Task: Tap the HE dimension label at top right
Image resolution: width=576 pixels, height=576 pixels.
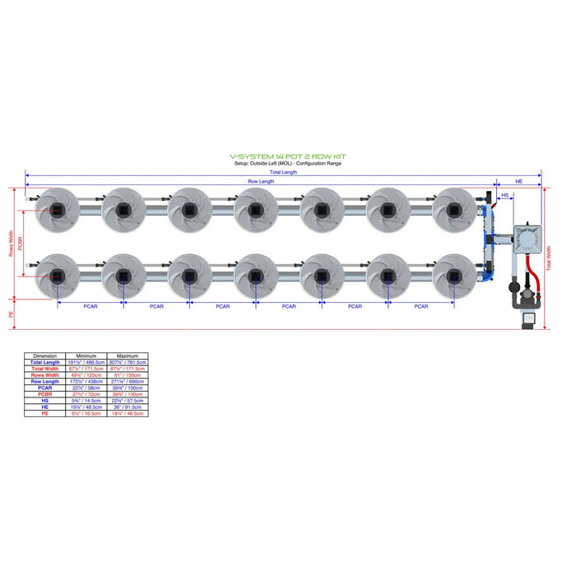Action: click(518, 180)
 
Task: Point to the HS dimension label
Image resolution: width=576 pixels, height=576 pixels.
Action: click(505, 196)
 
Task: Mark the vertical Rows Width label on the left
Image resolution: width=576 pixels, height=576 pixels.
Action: click(12, 244)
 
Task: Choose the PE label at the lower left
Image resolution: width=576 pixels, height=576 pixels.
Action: click(12, 314)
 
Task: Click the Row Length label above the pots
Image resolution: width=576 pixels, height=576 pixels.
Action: click(262, 181)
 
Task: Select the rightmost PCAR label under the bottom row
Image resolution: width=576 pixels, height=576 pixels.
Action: click(420, 306)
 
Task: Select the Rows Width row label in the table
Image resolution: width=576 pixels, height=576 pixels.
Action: click(44, 375)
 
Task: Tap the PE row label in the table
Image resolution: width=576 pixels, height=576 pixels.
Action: click(44, 413)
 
